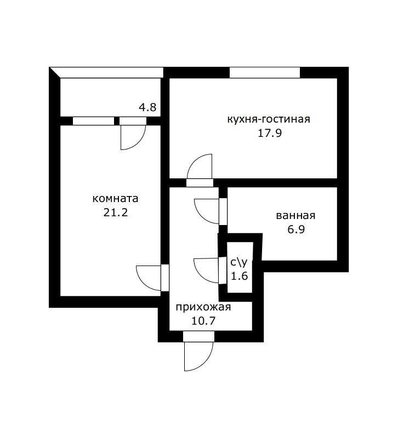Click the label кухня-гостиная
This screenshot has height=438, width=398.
pyautogui.click(x=269, y=119)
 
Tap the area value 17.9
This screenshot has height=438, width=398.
pyautogui.click(x=269, y=133)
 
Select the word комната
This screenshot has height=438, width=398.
pyautogui.click(x=115, y=198)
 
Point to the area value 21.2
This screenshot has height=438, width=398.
pyautogui.click(x=115, y=212)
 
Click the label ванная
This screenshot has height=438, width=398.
pyautogui.click(x=295, y=215)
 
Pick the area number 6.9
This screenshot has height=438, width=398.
pyautogui.click(x=295, y=229)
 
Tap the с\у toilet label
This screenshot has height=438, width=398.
pyautogui.click(x=238, y=262)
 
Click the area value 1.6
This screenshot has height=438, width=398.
pyautogui.click(x=239, y=276)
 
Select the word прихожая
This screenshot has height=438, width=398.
pyautogui.click(x=203, y=307)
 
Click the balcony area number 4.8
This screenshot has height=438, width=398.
pyautogui.click(x=147, y=108)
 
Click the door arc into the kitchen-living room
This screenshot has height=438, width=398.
pyautogui.click(x=200, y=166)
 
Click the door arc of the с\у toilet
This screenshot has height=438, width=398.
pyautogui.click(x=207, y=270)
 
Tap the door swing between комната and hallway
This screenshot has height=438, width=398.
pyautogui.click(x=149, y=278)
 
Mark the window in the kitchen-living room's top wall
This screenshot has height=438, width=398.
pyautogui.click(x=264, y=72)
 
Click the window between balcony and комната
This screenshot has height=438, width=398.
pyautogui.click(x=94, y=121)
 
